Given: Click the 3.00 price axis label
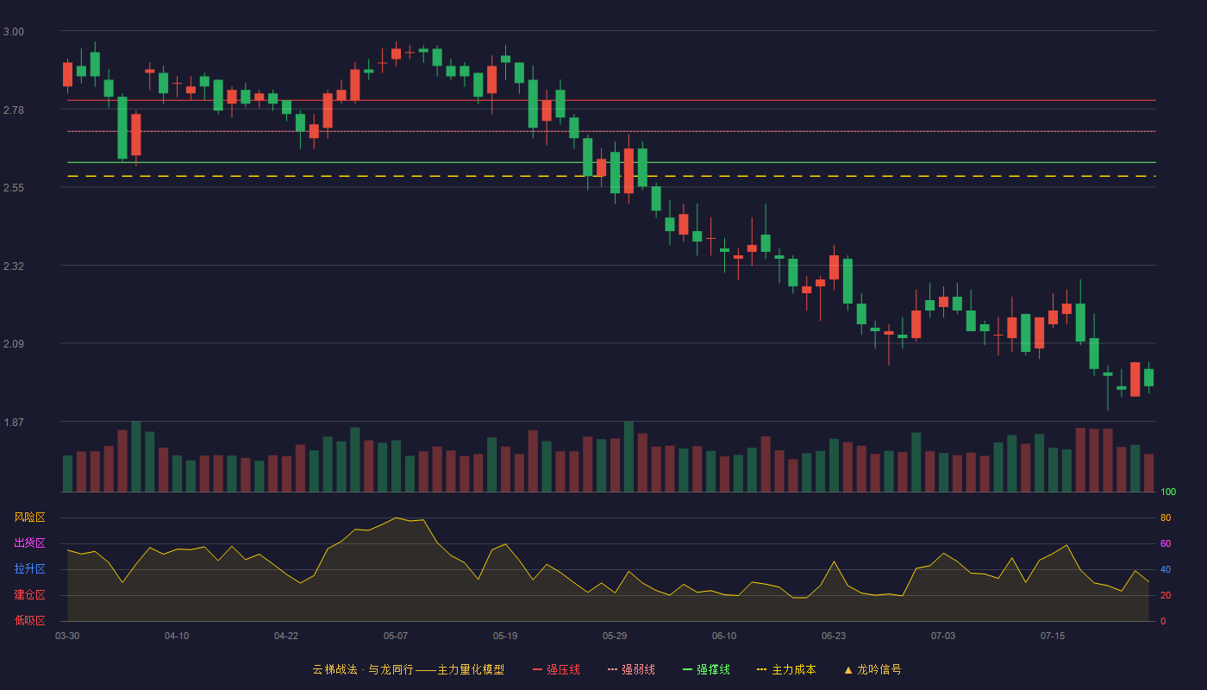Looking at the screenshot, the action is click(14, 32).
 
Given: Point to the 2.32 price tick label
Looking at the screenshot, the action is click(14, 267).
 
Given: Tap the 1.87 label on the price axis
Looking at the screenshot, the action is click(14, 423).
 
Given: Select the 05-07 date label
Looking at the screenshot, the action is click(396, 637).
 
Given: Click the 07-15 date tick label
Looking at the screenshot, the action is click(1053, 637).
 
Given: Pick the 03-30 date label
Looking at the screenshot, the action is click(67, 637).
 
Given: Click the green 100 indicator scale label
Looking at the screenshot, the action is click(1168, 492).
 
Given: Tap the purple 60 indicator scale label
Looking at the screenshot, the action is click(1166, 543).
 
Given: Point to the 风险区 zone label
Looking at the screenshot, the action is click(29, 517).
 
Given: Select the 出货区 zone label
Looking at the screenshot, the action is click(29, 543).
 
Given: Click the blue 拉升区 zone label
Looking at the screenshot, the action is click(29, 568).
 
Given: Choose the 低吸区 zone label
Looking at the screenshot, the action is click(29, 620).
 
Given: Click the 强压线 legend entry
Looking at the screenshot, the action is click(556, 670).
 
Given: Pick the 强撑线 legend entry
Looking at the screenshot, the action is click(706, 670).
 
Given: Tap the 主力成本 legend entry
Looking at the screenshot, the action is click(786, 670).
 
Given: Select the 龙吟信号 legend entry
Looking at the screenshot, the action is click(872, 670).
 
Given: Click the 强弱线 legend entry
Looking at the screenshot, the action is click(631, 670).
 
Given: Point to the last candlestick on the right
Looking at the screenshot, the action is click(1148, 378).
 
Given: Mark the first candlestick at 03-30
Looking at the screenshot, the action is click(67, 74).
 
